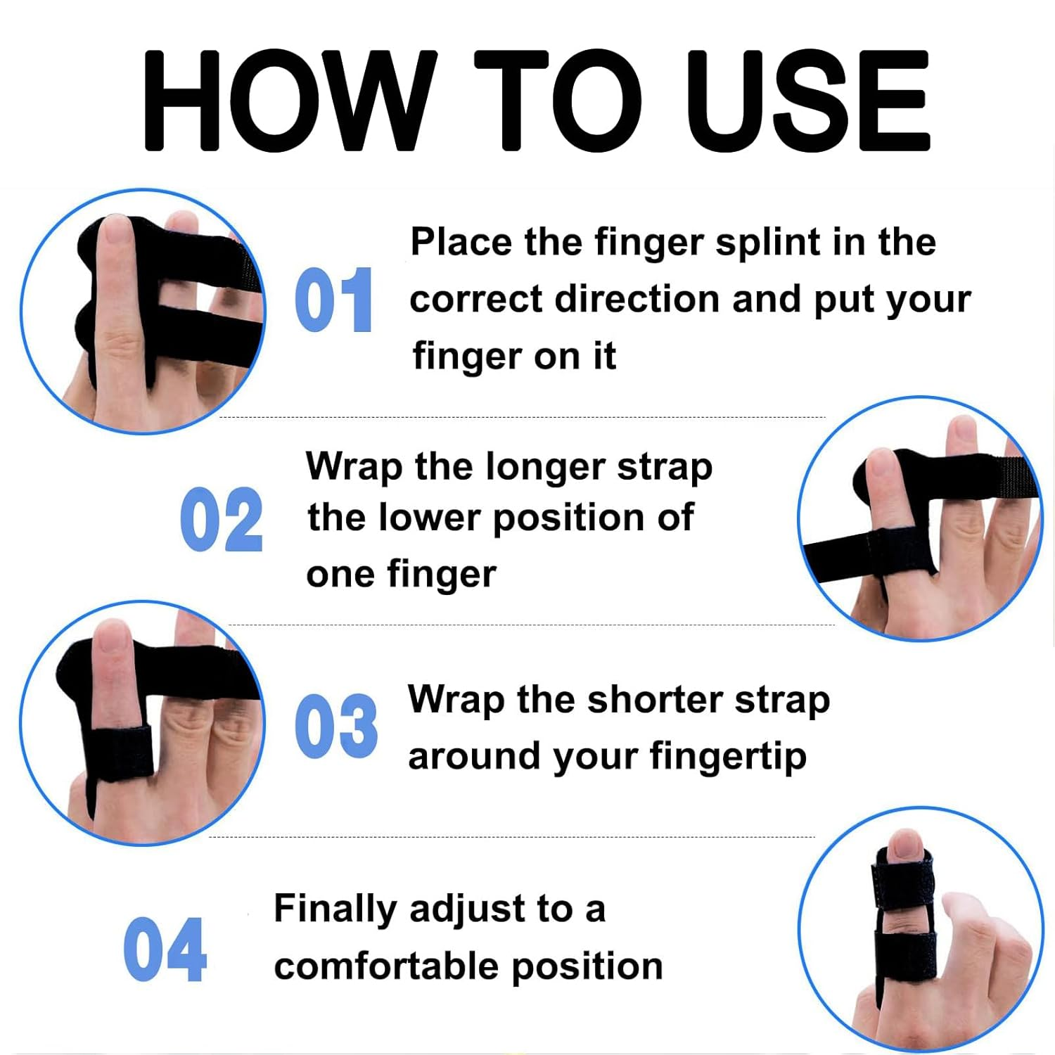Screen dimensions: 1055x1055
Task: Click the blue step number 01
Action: pos(333,300)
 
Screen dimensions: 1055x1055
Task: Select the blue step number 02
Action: pos(222,520)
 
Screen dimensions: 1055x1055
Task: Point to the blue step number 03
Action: pos(336,726)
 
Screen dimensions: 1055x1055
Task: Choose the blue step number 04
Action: pos(165,949)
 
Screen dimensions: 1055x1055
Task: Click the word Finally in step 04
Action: pos(336,909)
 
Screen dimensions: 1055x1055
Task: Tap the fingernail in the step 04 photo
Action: pos(904,844)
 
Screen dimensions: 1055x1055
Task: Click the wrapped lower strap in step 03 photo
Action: pos(118,753)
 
